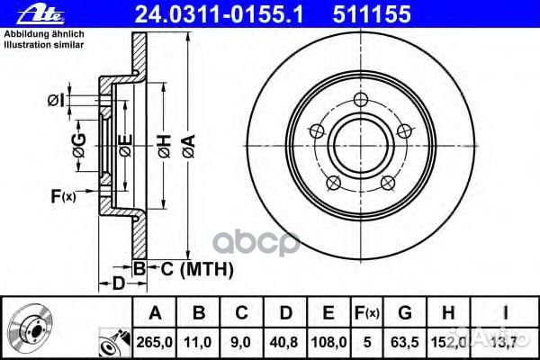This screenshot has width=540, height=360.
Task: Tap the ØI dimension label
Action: [55, 98]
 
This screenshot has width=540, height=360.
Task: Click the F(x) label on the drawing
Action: [63, 194]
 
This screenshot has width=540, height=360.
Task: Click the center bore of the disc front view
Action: [359, 145]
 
